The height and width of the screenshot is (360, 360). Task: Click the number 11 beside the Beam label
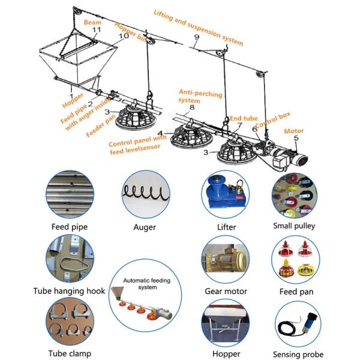click(x=96, y=29)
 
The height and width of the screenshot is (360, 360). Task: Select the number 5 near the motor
click(x=295, y=138)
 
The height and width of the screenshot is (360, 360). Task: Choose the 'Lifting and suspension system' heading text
click(x=198, y=28)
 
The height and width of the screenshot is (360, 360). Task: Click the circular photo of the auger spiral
click(x=144, y=194)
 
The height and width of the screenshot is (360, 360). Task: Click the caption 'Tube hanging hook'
click(x=69, y=291)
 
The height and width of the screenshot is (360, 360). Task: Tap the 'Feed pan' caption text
click(x=295, y=291)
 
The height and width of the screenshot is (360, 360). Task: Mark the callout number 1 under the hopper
click(x=71, y=95)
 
